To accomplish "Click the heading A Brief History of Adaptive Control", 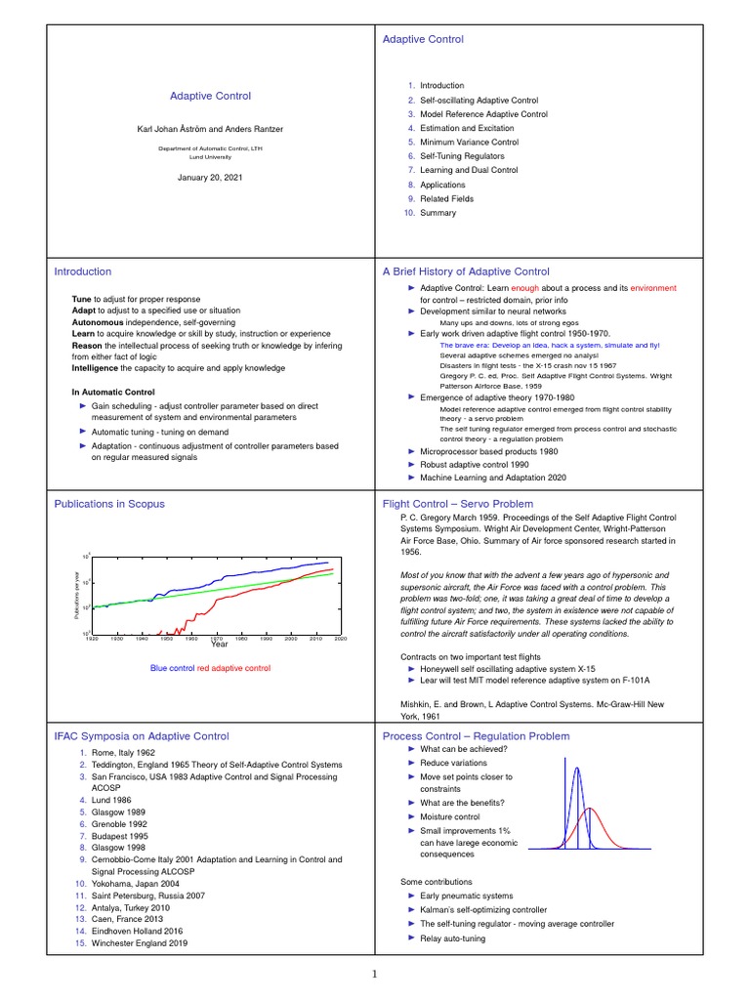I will coord(466,271).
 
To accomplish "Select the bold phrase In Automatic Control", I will coord(113,392).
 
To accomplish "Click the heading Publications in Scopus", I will coord(109,504).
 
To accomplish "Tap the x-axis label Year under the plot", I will coord(219,644).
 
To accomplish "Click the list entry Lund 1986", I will coord(111,799).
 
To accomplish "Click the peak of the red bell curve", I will coord(589,809).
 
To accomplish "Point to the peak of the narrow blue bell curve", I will coord(577,768).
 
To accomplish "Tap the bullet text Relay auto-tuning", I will coord(452,938).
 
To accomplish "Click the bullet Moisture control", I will coord(450,816).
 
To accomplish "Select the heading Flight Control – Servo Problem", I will coord(458,504).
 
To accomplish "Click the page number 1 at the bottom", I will coord(374,974).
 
